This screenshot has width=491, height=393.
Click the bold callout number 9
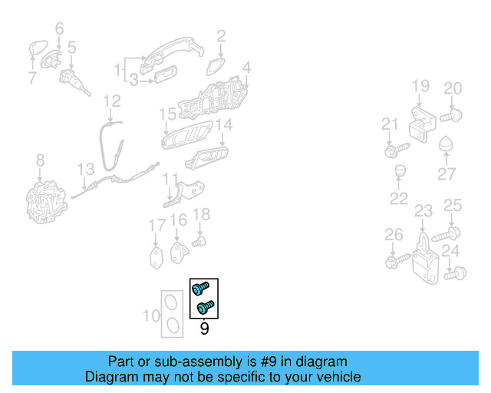[x=204, y=329]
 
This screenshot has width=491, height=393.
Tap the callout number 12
[x=112, y=101]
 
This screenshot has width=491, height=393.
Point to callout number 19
[x=420, y=87]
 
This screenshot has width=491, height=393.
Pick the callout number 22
[x=399, y=199]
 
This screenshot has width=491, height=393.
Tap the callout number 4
[x=247, y=68]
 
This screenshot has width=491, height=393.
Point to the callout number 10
[x=151, y=315]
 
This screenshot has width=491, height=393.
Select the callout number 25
[x=453, y=205]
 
